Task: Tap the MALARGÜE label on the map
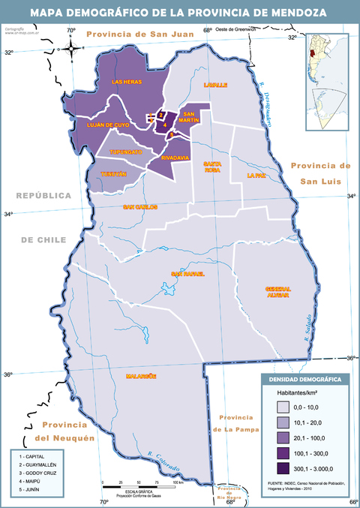coord(139,375)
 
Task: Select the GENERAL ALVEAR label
coord(277,292)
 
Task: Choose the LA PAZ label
coord(256,176)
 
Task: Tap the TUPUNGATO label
coord(125,152)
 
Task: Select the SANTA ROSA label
coord(213,167)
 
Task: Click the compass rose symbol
coord(71,47)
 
